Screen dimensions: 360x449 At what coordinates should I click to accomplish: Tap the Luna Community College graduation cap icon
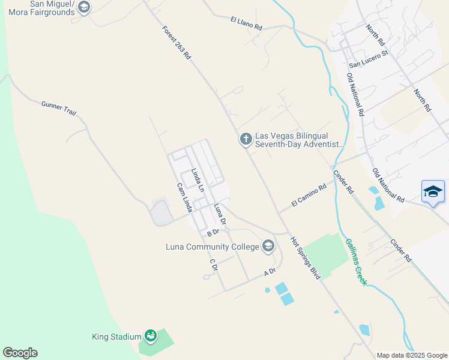(268, 247)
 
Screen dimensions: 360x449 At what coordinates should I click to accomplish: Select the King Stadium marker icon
(151, 337)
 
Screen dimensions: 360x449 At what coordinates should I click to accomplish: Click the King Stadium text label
(116, 337)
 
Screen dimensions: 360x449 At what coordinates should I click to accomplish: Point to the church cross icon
(245, 139)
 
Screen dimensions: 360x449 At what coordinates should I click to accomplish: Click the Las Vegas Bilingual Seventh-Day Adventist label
(300, 140)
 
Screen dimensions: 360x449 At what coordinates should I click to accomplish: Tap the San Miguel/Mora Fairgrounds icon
(84, 7)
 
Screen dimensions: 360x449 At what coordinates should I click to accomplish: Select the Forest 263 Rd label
(176, 43)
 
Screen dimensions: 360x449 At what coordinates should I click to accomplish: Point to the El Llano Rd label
(246, 23)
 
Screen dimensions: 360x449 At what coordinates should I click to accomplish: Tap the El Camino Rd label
(308, 196)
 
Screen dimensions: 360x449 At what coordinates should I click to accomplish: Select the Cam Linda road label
(184, 198)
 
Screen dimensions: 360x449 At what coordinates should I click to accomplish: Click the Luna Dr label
(220, 214)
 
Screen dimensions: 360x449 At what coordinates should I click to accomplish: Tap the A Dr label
(270, 272)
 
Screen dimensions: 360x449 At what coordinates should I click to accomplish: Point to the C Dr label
(212, 265)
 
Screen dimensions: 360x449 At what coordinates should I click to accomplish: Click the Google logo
(20, 353)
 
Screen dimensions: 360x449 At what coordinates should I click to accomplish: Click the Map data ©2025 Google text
(411, 355)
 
